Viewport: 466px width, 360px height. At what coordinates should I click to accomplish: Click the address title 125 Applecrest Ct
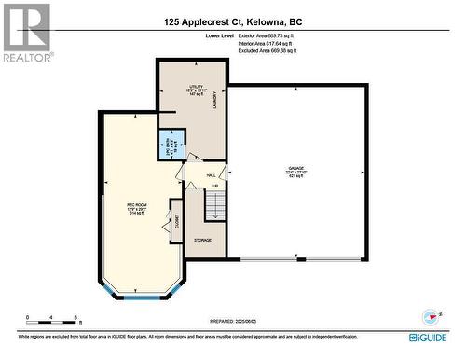pos(233,21)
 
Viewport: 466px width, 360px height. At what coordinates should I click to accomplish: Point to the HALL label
pos(211,174)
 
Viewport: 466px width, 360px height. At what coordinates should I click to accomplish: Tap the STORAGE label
pos(202,240)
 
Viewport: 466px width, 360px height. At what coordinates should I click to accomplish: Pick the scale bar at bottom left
pos(53,318)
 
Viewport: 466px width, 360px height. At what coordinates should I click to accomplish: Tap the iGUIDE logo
pos(432,336)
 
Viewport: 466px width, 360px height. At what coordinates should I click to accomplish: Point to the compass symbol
pos(431,314)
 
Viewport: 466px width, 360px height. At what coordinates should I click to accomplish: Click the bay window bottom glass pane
pos(139,297)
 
